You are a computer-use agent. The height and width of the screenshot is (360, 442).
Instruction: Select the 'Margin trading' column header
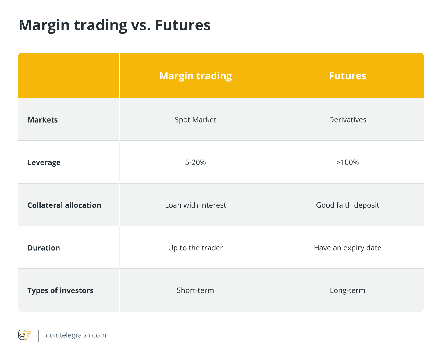[x=195, y=76]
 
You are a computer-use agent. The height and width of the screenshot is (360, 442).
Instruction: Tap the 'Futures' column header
[x=348, y=76]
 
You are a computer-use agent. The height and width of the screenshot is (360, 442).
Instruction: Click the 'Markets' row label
[x=43, y=120]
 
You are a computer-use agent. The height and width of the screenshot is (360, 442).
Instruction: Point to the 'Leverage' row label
[x=44, y=163]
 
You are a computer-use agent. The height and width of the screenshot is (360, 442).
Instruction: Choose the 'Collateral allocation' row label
[x=64, y=205]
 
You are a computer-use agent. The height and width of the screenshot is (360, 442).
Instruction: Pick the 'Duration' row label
[x=44, y=248]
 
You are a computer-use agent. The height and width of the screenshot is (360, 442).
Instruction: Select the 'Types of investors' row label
[x=60, y=291]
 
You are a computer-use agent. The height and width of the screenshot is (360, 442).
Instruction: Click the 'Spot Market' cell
[x=195, y=120]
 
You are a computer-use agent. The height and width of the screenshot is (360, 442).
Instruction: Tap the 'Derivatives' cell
[x=348, y=120]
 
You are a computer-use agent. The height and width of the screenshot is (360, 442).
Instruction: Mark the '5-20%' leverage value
[x=195, y=162]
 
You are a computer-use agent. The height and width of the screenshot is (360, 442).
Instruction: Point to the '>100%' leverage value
[x=348, y=162]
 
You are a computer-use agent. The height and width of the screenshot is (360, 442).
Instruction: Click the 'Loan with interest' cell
[x=195, y=205]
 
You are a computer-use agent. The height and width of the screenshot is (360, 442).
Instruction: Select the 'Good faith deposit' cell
[x=348, y=205]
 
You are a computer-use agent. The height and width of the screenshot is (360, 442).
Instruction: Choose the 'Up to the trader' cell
[x=195, y=248]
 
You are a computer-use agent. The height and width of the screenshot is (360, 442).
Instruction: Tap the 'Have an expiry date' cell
[x=348, y=248]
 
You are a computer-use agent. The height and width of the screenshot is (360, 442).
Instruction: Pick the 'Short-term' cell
[x=195, y=290]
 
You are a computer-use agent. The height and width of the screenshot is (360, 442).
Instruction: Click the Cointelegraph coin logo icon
[x=24, y=335]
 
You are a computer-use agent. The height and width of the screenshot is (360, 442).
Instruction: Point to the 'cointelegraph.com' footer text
[x=76, y=335]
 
